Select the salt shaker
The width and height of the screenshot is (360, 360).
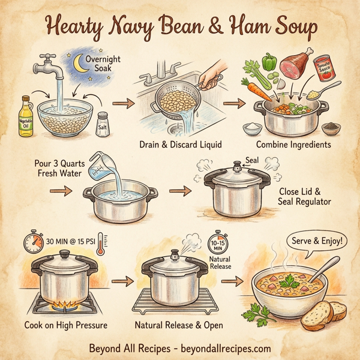pos(103,122)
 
